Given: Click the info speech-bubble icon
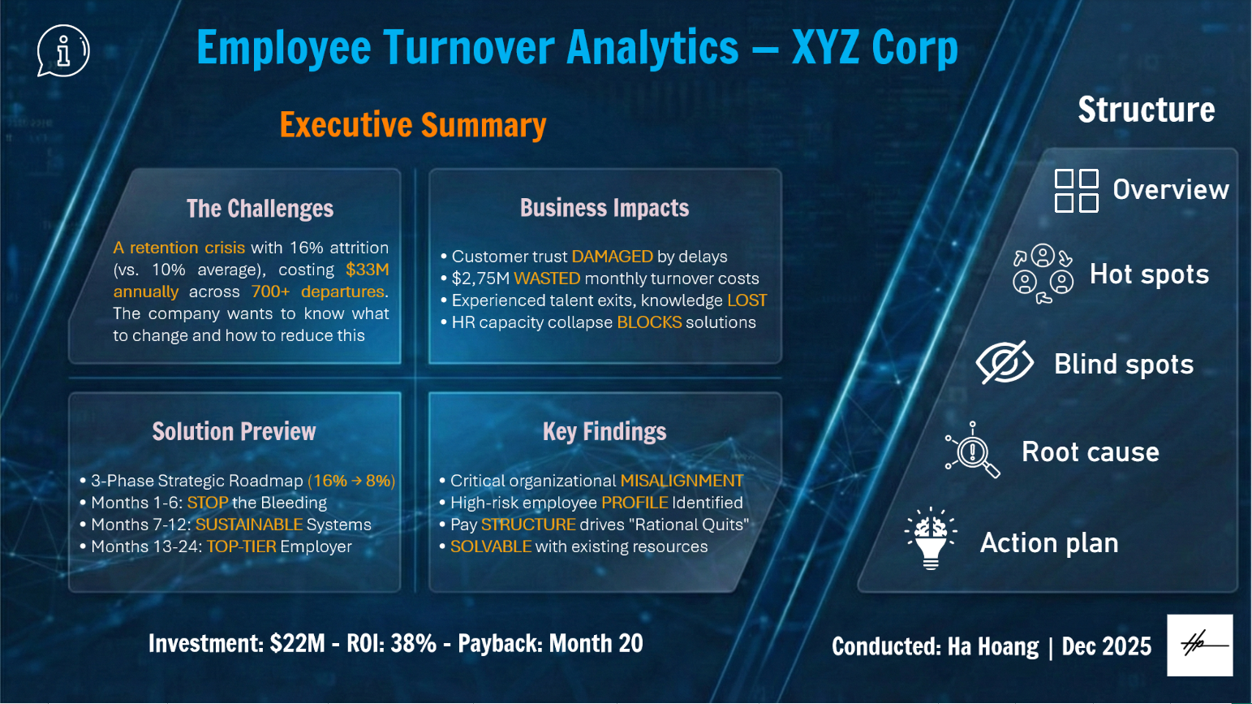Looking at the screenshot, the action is [63, 50].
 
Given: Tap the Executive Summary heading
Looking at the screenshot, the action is [412, 125].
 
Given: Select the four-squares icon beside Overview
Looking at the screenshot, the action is [1076, 191].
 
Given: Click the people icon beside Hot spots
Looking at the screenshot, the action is [1043, 274].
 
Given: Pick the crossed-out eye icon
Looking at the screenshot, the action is [1005, 363].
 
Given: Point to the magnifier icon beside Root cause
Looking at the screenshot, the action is [973, 450].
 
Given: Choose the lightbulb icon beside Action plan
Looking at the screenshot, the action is [931, 538].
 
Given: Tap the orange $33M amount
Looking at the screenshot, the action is [368, 270].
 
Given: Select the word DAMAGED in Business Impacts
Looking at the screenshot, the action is [612, 256].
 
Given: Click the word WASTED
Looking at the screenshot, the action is [547, 279].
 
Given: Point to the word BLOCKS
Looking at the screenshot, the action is [649, 322].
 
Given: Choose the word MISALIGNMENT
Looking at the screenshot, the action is [682, 481].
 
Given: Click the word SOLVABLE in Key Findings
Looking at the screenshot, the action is [491, 546].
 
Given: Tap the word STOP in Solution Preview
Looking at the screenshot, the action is [208, 503].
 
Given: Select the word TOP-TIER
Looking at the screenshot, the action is [241, 546].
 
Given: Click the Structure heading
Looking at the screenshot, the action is [1147, 110].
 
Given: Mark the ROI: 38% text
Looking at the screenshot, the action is [391, 644].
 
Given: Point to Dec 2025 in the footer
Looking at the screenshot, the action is [1106, 646].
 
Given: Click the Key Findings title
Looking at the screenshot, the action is [604, 432].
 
